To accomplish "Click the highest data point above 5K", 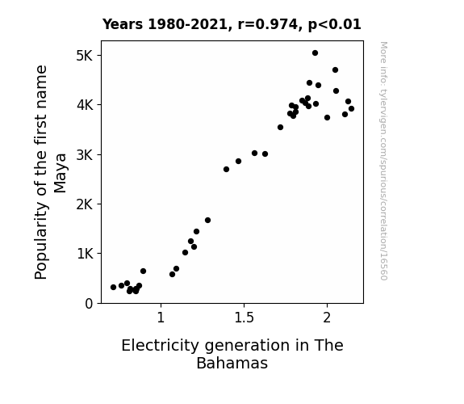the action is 315,53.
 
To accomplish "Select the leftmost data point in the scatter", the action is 113,287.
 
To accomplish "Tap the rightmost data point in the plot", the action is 351,109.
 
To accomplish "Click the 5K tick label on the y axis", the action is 85,56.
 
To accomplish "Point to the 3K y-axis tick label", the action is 85,154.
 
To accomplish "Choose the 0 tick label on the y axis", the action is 89,304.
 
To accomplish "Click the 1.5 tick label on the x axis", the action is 245,318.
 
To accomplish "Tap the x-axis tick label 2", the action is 327,318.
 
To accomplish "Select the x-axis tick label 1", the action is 161,318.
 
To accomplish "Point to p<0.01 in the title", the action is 335,25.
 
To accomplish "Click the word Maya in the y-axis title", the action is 61,173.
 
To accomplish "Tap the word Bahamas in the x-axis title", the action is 232,363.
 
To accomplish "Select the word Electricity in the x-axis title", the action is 161,346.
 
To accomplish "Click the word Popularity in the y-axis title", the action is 41,241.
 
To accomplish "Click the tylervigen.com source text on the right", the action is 383,161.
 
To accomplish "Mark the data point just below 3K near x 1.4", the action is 227,169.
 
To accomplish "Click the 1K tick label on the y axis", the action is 85,254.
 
